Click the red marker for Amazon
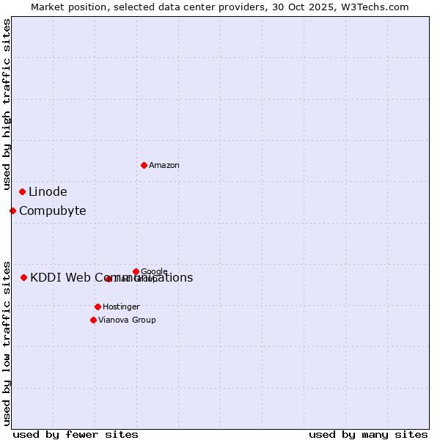(x=144, y=165)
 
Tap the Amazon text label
(x=164, y=166)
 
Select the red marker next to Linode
(x=23, y=192)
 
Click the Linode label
(x=48, y=192)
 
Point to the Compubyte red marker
(x=12, y=211)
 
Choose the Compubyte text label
(x=52, y=211)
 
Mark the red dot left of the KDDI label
(x=24, y=278)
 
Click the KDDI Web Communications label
(x=111, y=278)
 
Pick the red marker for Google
(x=136, y=271)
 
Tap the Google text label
(x=154, y=272)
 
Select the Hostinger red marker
(x=98, y=307)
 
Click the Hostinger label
(x=121, y=307)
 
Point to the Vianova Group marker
(x=93, y=320)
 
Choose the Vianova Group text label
(x=127, y=320)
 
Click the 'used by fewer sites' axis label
(x=76, y=434)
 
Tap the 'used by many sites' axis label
(x=368, y=434)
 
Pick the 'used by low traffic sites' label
(x=7, y=342)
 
